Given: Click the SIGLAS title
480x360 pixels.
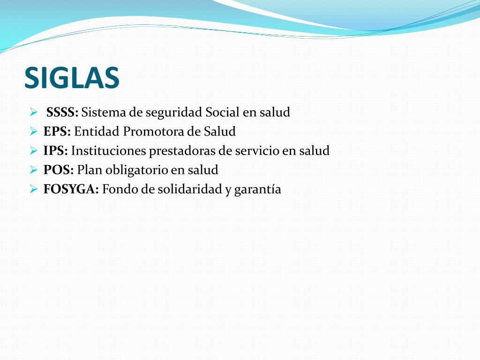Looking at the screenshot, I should (x=72, y=77).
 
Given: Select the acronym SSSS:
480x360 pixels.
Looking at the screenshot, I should (x=62, y=112).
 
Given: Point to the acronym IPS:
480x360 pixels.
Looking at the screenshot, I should (x=56, y=151).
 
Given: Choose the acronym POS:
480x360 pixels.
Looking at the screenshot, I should (x=59, y=170).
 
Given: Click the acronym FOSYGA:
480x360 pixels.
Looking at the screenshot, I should (x=71, y=189).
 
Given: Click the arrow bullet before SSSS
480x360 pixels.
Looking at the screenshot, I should (x=33, y=112).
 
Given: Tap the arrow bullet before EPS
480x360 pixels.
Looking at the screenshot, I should (x=33, y=132).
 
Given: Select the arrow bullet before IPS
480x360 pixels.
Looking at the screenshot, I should (x=33, y=151).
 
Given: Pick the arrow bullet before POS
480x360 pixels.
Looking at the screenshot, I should (x=33, y=170).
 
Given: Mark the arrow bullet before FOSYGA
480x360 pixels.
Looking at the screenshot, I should (x=33, y=189).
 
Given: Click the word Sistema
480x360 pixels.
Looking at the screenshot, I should (x=100, y=112).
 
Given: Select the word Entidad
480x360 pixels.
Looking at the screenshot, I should (x=97, y=132).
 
